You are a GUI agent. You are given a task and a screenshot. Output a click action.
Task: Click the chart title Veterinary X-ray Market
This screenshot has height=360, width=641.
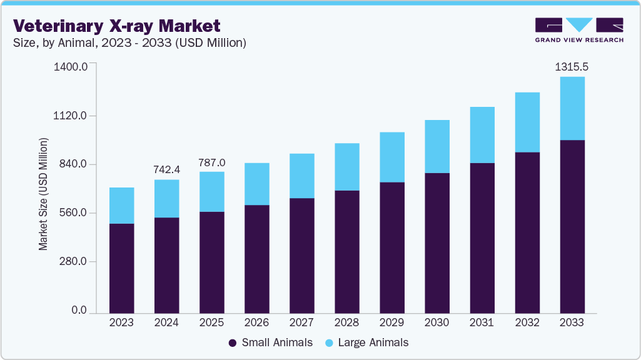[x=116, y=26]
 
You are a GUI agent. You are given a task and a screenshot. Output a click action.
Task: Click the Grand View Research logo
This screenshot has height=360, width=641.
[x=578, y=30]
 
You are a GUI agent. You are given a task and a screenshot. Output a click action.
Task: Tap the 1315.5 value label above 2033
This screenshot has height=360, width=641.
[x=572, y=66]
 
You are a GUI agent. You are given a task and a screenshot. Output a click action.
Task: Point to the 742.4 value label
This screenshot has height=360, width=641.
[x=167, y=169]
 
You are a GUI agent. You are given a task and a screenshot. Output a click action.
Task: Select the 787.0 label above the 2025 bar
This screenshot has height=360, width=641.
[x=211, y=162]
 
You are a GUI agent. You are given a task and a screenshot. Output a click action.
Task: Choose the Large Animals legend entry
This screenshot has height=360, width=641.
[x=367, y=342]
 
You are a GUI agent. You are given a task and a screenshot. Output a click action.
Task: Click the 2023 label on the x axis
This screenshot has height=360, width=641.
[x=121, y=322]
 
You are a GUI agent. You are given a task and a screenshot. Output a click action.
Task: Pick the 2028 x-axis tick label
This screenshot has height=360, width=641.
[x=346, y=322]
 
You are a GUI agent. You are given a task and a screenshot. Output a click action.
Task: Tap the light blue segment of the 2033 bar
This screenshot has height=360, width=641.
[x=572, y=108]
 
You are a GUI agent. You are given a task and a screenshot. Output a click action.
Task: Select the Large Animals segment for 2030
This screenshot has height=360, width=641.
[x=437, y=146]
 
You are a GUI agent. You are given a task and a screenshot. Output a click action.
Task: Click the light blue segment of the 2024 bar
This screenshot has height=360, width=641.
[x=166, y=198]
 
